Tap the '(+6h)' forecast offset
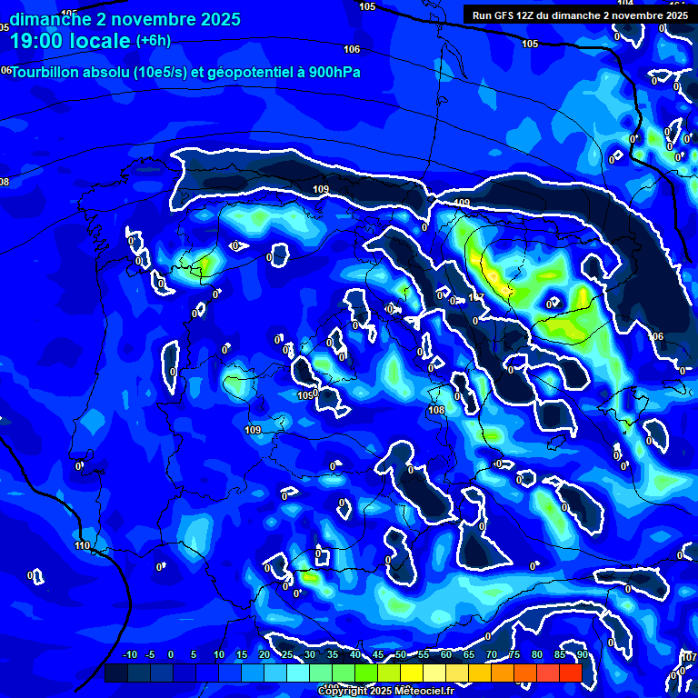pyautogui.click(x=153, y=40)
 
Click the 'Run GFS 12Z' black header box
pyautogui.click(x=579, y=15)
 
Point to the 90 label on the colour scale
pyautogui.click(x=582, y=655)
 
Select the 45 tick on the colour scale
pyautogui.click(x=377, y=655)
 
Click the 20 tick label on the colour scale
pyautogui.click(x=264, y=655)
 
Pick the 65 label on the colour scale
pyautogui.click(x=468, y=655)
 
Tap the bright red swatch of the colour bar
pyautogui.click(x=570, y=673)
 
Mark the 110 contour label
pyautogui.click(x=83, y=545)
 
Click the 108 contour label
pyautogui.click(x=436, y=410)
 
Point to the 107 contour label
pyautogui.click(x=476, y=298)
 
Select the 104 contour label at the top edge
pyautogui.click(x=625, y=4)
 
